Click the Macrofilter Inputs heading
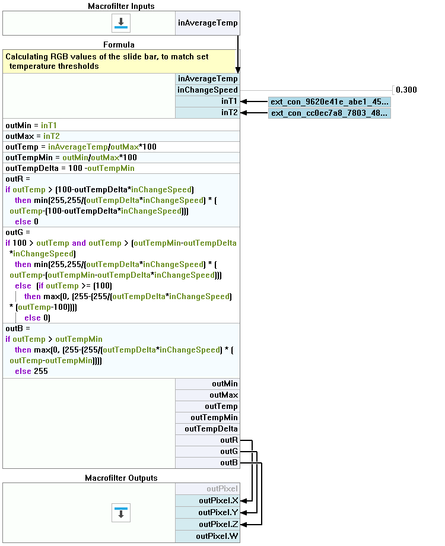(121, 6)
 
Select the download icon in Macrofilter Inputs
(121, 23)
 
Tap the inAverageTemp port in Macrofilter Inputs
(208, 23)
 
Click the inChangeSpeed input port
(208, 90)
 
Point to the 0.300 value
(406, 90)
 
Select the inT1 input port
(208, 101)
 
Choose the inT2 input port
(208, 113)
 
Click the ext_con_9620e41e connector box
(329, 101)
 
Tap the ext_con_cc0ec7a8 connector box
(329, 113)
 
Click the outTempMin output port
(208, 418)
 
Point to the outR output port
(208, 440)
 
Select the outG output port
(208, 452)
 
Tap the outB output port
(208, 463)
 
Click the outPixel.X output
(208, 500)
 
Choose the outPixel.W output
(208, 537)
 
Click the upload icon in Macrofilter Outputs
(121, 512)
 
